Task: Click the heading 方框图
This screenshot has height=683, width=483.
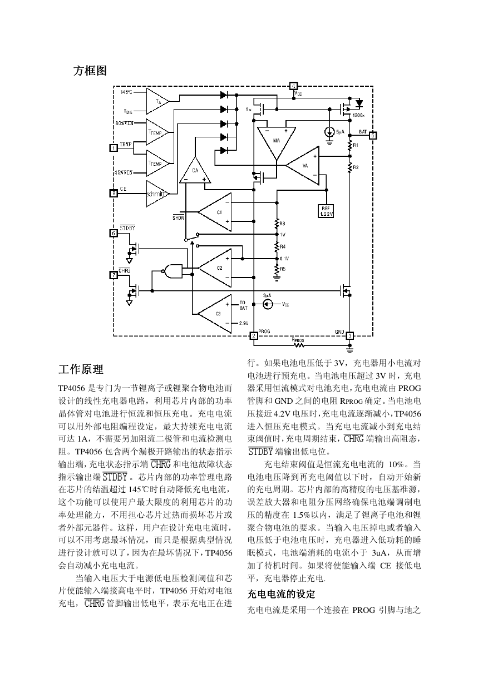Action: click(x=90, y=71)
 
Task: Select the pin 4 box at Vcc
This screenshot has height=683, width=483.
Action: click(x=293, y=86)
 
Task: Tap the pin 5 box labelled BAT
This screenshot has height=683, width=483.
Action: click(x=373, y=135)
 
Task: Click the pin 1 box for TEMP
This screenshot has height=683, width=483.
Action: click(x=114, y=148)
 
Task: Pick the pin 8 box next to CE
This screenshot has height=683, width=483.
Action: click(x=114, y=194)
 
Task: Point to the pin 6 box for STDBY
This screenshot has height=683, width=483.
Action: click(x=114, y=233)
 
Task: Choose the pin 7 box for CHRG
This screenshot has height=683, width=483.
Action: click(x=114, y=275)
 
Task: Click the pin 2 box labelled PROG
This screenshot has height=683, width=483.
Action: click(x=254, y=336)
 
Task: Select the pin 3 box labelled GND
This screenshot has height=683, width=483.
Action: click(x=349, y=336)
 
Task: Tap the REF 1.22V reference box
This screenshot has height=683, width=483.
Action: click(x=326, y=211)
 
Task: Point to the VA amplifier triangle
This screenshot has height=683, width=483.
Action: click(x=303, y=166)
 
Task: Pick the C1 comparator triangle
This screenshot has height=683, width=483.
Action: click(x=215, y=212)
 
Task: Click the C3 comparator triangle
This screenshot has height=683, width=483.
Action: click(x=215, y=314)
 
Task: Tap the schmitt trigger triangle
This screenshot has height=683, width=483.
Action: click(x=157, y=194)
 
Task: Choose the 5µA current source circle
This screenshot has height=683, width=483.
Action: click(x=329, y=132)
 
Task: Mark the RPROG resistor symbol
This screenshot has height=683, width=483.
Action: click(x=299, y=345)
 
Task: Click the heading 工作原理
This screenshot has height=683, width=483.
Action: click(x=81, y=369)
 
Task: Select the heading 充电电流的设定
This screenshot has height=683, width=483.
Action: click(x=281, y=594)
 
